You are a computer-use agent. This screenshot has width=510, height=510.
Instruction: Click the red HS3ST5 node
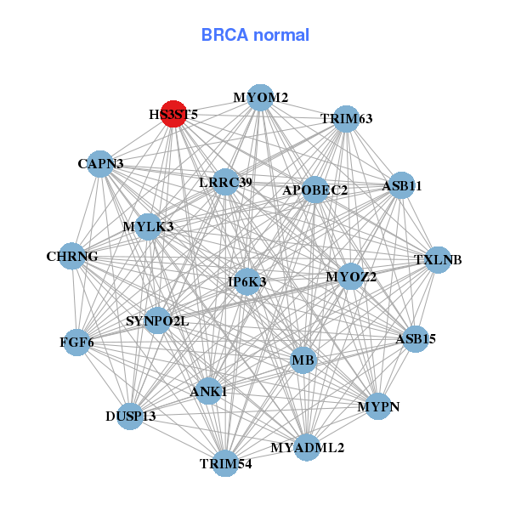point(173,113)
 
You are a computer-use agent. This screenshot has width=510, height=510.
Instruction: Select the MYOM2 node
point(261,98)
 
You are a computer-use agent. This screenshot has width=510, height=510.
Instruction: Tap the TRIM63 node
point(347,118)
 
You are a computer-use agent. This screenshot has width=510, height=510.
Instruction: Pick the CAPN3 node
point(100,163)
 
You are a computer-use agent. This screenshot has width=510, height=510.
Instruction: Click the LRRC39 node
point(225,182)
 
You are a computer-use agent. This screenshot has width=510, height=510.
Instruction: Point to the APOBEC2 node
point(315,190)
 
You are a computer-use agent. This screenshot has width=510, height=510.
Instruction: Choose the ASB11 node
point(401,185)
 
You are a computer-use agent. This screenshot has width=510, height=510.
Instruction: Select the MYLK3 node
point(148,226)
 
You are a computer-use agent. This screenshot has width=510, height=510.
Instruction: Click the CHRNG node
point(72,256)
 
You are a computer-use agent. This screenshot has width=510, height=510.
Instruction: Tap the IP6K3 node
point(247,281)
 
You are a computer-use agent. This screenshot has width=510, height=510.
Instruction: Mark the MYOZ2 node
point(351,276)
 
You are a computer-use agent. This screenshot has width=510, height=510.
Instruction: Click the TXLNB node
point(438,259)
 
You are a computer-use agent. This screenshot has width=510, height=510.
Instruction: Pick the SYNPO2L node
point(157,320)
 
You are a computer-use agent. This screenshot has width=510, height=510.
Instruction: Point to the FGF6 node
point(76,343)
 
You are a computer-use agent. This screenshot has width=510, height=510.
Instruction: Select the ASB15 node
point(416,339)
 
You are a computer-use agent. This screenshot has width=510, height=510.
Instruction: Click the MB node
point(303,361)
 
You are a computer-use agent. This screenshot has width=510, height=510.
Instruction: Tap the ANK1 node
point(209,391)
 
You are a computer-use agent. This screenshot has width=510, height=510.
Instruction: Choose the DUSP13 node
point(130,416)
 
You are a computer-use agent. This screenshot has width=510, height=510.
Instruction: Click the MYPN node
point(378,406)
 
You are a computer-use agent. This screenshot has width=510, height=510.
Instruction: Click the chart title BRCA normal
point(255,35)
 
